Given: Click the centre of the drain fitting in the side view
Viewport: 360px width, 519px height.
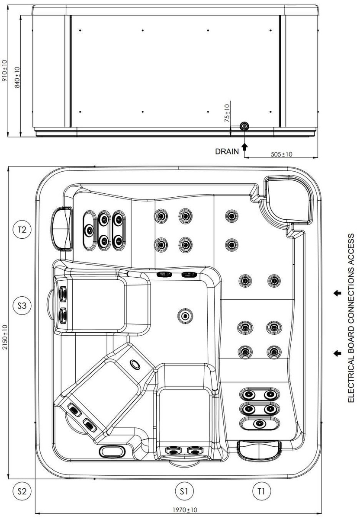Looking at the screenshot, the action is [244, 126].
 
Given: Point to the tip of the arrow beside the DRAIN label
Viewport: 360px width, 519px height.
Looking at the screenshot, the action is [244, 143].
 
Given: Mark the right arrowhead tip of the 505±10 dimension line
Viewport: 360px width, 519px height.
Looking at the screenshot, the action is [318, 158].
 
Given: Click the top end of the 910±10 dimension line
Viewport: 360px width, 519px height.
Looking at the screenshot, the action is [8, 5].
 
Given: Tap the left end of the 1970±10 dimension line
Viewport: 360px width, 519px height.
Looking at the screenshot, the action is [35, 513].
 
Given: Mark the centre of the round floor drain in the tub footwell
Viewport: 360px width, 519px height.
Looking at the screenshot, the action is [185, 316].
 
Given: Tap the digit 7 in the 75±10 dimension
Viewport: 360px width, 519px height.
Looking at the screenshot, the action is [227, 120].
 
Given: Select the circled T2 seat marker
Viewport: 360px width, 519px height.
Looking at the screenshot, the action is [22, 230].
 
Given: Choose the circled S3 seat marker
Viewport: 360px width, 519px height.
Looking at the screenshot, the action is [22, 306].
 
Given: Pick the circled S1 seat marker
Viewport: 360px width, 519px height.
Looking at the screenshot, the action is [184, 491].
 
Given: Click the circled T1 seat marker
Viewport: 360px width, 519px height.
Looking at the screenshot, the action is [261, 491].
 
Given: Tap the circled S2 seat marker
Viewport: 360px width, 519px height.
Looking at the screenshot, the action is [22, 491].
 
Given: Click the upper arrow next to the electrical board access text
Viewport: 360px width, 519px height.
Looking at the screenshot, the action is [337, 293].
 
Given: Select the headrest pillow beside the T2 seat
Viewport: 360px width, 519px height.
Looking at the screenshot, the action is [61, 229].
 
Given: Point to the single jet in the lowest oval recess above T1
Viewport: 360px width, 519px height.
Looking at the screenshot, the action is [259, 423].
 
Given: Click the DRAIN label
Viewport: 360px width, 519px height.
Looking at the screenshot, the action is [227, 151].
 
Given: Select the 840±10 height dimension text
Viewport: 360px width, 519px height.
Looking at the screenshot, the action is [17, 77].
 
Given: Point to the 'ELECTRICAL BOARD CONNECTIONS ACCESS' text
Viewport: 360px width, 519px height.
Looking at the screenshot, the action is [351, 318].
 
